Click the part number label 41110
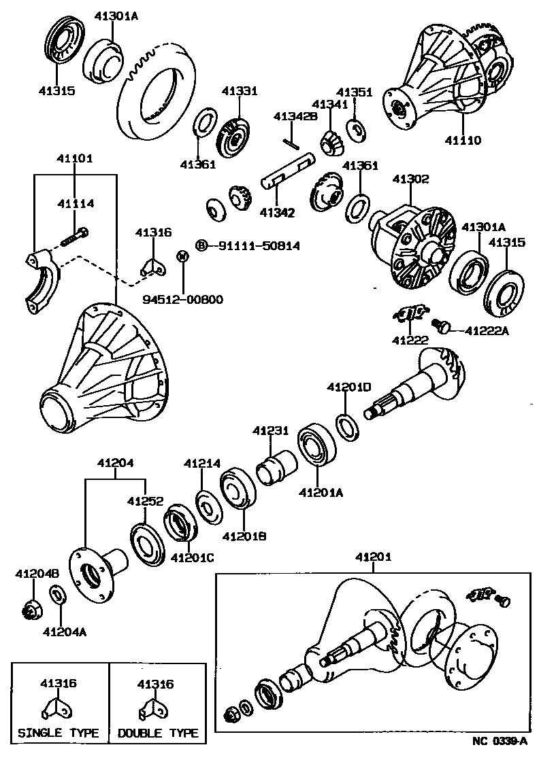tap(463, 141)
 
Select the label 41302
tap(410, 179)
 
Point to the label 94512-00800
tap(182, 299)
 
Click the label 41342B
tap(295, 117)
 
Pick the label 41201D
tap(348, 387)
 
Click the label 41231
tap(271, 430)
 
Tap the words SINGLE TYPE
tap(58, 733)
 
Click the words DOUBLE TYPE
tap(158, 733)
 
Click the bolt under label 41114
tap(76, 236)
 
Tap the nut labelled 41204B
tap(29, 609)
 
